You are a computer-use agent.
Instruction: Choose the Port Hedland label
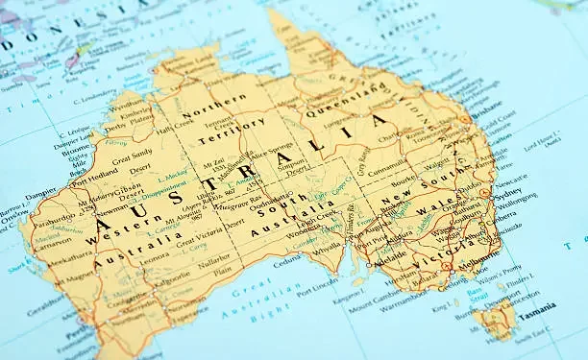(x=92, y=178)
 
